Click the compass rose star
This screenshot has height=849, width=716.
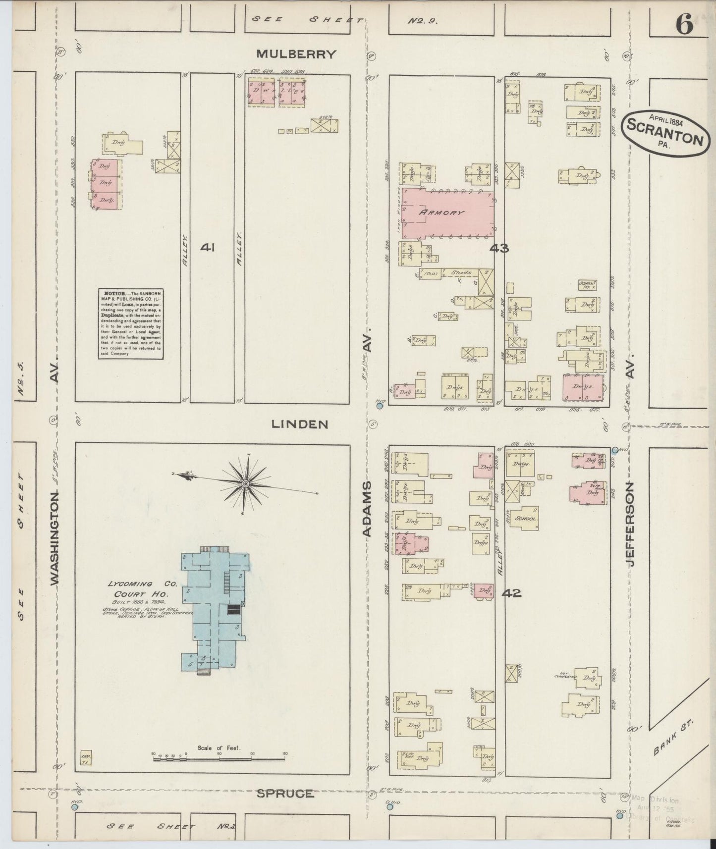tap(246, 483)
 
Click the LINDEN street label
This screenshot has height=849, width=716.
tap(300, 424)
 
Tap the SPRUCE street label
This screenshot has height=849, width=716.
tap(285, 794)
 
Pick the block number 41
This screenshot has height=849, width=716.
tap(207, 247)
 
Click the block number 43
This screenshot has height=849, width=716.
tap(499, 248)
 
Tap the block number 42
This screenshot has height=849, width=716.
tap(512, 592)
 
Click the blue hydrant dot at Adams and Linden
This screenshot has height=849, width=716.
tap(380, 406)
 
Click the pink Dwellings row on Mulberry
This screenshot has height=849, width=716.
tap(276, 92)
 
